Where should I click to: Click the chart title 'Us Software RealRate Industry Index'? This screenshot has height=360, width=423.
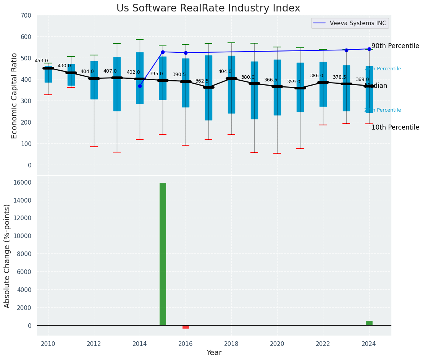click(208, 8)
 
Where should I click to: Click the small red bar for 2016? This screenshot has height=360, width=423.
click(186, 327)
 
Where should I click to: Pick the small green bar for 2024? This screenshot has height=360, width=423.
click(369, 323)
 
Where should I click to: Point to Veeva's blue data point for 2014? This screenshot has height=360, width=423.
click(140, 86)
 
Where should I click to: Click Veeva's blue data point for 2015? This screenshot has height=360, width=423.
click(163, 52)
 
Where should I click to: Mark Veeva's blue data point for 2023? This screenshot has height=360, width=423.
click(346, 50)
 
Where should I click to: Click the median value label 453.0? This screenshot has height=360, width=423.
click(41, 61)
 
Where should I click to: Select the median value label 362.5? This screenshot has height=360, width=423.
click(202, 81)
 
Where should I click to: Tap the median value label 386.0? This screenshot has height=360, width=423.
click(316, 76)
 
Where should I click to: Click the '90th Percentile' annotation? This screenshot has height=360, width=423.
click(395, 46)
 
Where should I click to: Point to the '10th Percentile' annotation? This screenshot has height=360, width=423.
click(395, 128)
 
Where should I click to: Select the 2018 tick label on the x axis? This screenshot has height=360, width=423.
click(231, 344)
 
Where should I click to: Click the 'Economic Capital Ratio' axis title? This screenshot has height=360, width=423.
click(15, 96)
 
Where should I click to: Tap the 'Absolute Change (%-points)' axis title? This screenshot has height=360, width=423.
click(7, 256)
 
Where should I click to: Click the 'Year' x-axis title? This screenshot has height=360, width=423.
click(214, 353)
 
